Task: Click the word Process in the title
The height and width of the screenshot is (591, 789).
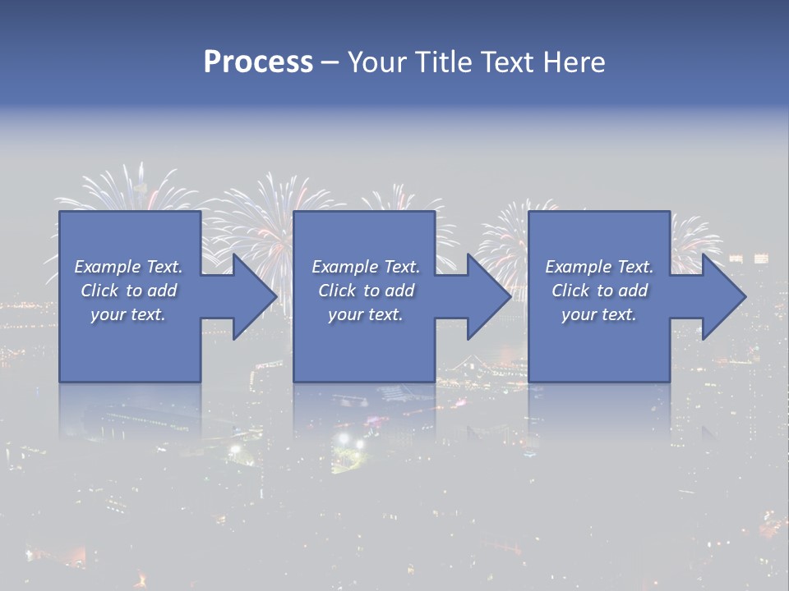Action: [258, 62]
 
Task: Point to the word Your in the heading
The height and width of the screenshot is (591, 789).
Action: [377, 62]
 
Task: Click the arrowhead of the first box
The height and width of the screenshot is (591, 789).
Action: [255, 296]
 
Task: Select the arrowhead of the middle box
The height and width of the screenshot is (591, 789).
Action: [489, 296]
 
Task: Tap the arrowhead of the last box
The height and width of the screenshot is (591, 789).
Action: [723, 296]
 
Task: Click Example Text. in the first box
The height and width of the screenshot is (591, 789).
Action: [128, 267]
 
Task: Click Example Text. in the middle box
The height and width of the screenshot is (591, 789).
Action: [366, 267]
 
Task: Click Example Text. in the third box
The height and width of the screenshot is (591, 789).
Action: [599, 267]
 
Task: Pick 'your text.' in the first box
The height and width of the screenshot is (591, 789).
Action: [128, 314]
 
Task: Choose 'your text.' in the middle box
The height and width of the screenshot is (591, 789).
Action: [366, 314]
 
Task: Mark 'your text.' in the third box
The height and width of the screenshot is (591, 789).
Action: [599, 314]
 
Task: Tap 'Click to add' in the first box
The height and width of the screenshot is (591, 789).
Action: [128, 291]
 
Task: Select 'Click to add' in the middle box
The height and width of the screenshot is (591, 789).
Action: [366, 291]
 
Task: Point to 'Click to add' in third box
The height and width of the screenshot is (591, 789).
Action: [599, 291]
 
